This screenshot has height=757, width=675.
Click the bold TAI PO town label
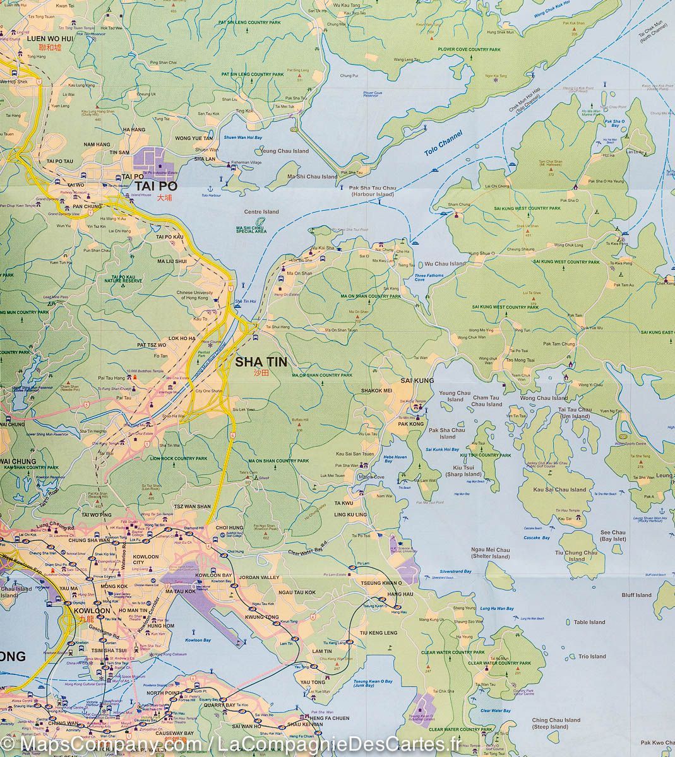[155, 187]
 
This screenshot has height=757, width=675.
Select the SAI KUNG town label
[417, 381]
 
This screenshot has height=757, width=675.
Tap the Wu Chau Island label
[445, 264]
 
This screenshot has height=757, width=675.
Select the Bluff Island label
[636, 595]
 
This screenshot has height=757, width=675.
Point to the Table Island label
[590, 623]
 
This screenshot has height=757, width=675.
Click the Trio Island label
[591, 657]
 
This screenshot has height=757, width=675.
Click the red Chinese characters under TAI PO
[164, 197]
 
